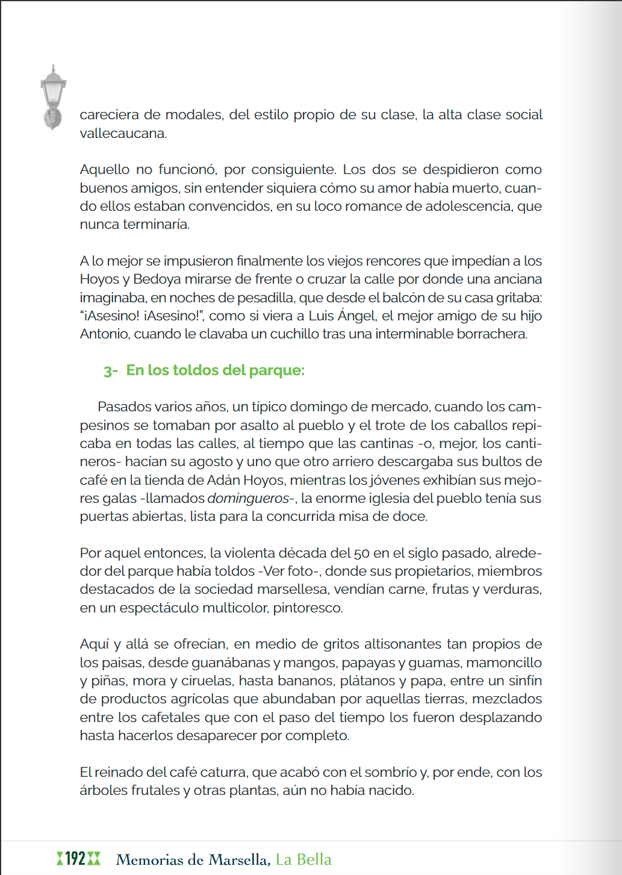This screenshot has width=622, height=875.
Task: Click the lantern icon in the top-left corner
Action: click(53, 96)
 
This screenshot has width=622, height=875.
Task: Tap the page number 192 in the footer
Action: click(76, 858)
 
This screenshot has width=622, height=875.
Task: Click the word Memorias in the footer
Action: click(151, 859)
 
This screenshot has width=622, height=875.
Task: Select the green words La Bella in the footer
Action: click(303, 859)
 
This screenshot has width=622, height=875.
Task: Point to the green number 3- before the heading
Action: click(110, 371)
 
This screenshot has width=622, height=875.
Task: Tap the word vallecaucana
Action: click(123, 133)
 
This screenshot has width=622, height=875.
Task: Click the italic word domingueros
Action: click(248, 499)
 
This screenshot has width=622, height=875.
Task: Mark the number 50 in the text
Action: click(362, 553)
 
